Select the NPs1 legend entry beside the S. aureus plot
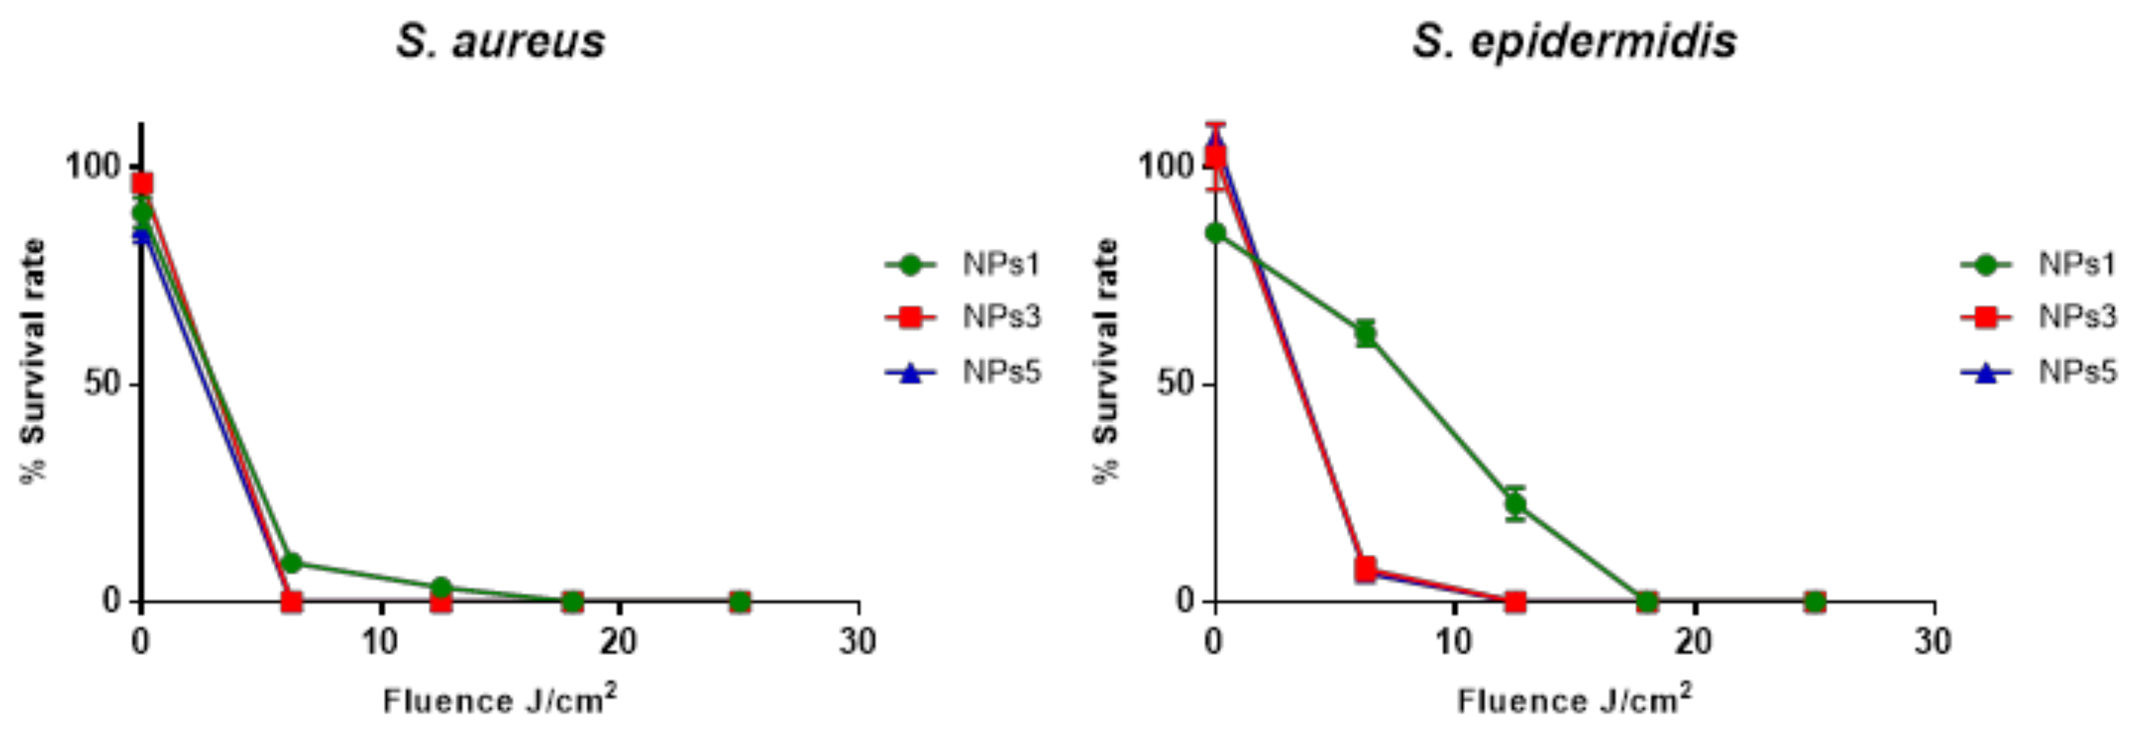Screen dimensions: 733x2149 tap(964, 265)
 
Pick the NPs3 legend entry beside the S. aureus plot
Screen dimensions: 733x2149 tap(964, 318)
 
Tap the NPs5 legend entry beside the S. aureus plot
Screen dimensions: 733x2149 tap(964, 372)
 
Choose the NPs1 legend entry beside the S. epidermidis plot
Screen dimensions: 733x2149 tap(2038, 265)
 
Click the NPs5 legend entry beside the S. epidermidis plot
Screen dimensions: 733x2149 tap(2038, 372)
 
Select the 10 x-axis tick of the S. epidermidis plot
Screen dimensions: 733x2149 tap(1454, 642)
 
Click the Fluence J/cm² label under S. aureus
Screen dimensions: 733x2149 tap(500, 700)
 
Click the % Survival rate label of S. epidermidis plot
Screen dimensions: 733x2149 tap(1106, 360)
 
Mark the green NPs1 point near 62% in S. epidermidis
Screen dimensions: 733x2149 tap(1365, 334)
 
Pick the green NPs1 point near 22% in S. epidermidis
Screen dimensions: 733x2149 tap(1515, 504)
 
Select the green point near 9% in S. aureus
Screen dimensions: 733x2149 tap(291, 563)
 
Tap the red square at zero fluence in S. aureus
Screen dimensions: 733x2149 tap(143, 183)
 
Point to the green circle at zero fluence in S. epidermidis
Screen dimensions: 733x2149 tap(1216, 232)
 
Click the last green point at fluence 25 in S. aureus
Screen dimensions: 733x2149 tap(739, 601)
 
